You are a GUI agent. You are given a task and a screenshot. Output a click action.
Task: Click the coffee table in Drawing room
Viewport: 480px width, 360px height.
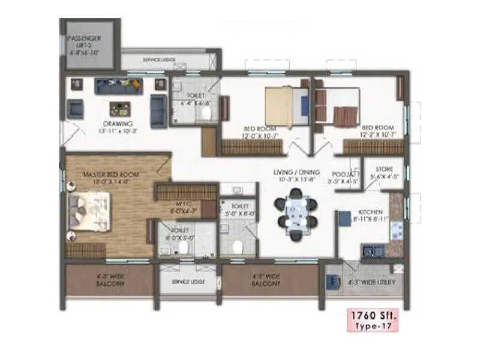point(119,109)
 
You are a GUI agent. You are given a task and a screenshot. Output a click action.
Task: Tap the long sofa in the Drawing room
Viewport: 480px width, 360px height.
point(119,86)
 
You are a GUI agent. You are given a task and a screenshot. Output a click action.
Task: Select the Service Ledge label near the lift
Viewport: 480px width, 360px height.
point(158,60)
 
